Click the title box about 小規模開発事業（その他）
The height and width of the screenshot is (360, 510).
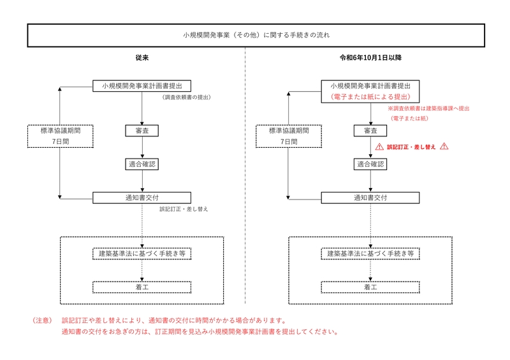255,36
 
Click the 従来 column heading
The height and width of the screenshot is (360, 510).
142,58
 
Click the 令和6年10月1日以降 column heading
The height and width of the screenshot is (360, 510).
370,58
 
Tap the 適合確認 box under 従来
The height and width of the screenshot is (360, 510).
142,164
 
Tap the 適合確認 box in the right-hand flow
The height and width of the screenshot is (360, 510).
370,164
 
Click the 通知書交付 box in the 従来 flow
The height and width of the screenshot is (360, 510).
142,198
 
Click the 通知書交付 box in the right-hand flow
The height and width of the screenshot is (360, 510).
370,198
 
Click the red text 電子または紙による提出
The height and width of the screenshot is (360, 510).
370,97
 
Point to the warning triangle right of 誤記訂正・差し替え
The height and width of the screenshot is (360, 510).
444,147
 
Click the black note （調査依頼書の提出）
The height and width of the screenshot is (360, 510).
186,97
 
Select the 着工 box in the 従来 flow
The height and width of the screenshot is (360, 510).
142,287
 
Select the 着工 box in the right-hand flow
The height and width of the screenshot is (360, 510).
370,287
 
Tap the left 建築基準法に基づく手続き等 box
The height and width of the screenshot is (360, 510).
142,254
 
